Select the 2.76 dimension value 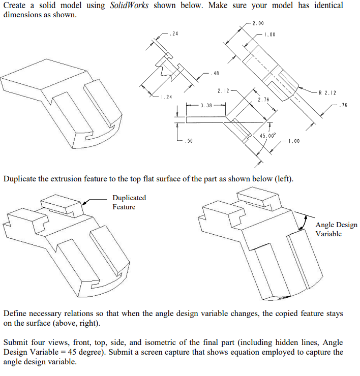tap(263, 100)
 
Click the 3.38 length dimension tap(205, 106)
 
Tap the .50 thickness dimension tap(188, 140)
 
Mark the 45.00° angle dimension tap(267, 136)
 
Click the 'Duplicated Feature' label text tap(129, 202)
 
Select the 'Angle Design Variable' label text tap(336, 229)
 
